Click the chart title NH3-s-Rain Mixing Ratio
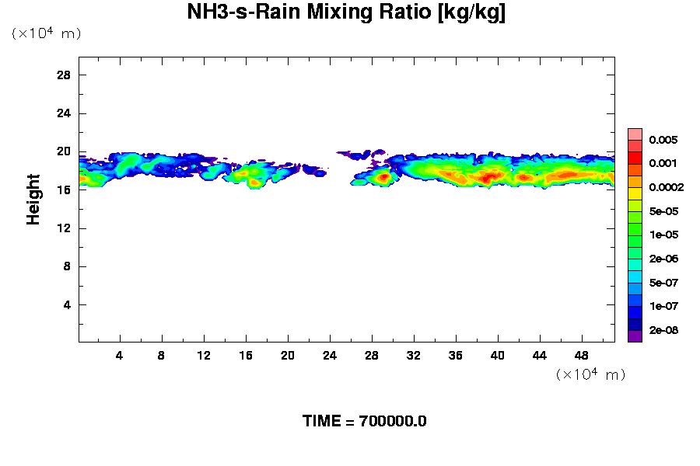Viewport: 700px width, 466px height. point(346,13)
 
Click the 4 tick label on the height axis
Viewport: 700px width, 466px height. point(67,304)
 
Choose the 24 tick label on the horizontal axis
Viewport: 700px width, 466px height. point(330,355)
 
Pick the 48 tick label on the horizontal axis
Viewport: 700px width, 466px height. point(581,355)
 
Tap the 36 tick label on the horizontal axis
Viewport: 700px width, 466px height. point(456,355)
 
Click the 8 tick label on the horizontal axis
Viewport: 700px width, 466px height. point(162,355)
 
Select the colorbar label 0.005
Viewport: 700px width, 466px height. point(664,141)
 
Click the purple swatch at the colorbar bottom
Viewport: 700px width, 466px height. point(635,336)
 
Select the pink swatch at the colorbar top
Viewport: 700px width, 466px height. point(635,134)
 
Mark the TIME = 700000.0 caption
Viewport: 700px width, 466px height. point(364,422)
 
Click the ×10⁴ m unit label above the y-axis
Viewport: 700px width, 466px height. point(46,33)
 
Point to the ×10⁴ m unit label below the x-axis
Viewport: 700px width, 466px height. point(590,374)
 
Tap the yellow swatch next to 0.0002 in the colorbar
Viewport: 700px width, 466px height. point(635,193)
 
